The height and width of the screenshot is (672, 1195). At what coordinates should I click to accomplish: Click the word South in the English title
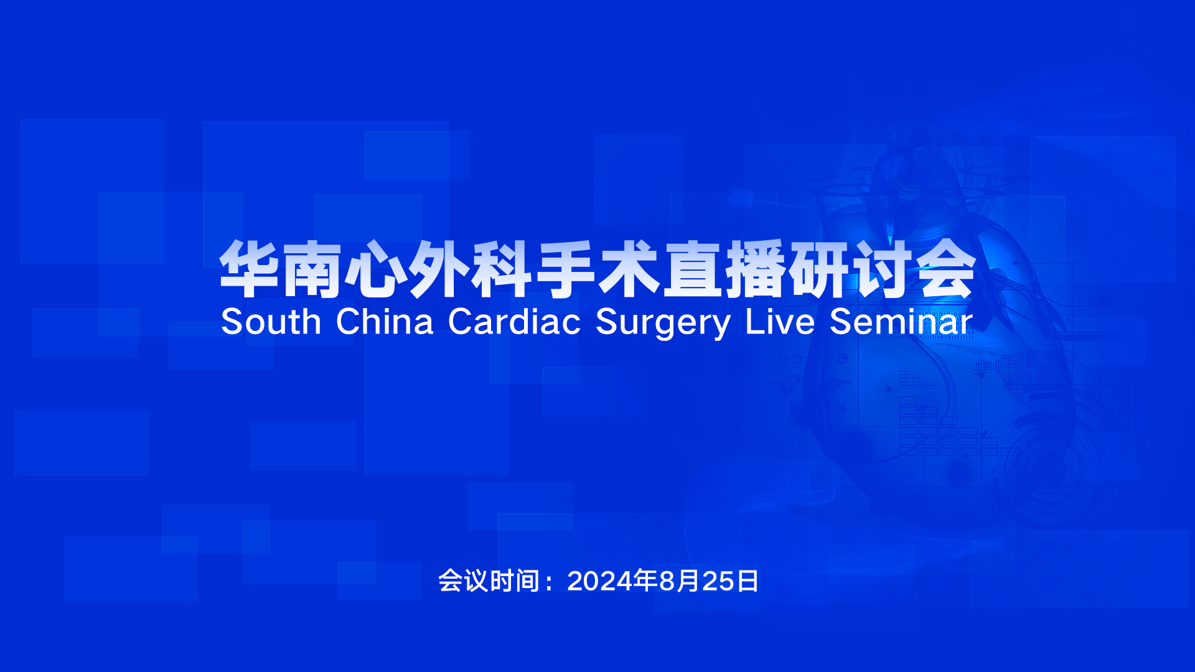(271, 322)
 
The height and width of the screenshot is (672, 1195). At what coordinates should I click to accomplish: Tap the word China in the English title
(385, 322)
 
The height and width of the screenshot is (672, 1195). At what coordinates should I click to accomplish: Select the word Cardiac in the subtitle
(514, 322)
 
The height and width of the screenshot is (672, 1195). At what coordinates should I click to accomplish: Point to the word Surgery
(663, 324)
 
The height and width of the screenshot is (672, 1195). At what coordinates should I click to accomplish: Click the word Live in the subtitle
(780, 322)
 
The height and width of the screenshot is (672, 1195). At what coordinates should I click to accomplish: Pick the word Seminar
(901, 322)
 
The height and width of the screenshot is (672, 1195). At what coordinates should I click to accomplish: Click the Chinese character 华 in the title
(249, 269)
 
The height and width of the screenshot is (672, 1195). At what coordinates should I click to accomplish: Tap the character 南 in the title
(312, 269)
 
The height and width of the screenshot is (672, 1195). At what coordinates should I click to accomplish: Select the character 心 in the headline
(375, 269)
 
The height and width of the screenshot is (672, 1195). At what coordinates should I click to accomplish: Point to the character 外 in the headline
(439, 269)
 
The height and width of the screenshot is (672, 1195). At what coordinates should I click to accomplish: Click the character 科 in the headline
(502, 269)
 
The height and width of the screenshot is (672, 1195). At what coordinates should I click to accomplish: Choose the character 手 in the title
(565, 269)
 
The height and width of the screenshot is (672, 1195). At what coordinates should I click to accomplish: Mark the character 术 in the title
(629, 269)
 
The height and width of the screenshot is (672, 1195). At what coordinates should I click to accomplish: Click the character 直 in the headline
(691, 269)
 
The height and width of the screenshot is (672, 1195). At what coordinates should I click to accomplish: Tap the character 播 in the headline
(755, 269)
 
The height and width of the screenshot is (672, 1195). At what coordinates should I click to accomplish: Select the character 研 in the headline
(818, 269)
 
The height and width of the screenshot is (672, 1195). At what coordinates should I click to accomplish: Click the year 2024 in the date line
(600, 581)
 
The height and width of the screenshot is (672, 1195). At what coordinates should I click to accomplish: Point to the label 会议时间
(489, 581)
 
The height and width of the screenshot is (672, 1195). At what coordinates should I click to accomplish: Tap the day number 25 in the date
(718, 581)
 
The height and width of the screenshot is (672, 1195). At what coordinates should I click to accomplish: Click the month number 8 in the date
(667, 581)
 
